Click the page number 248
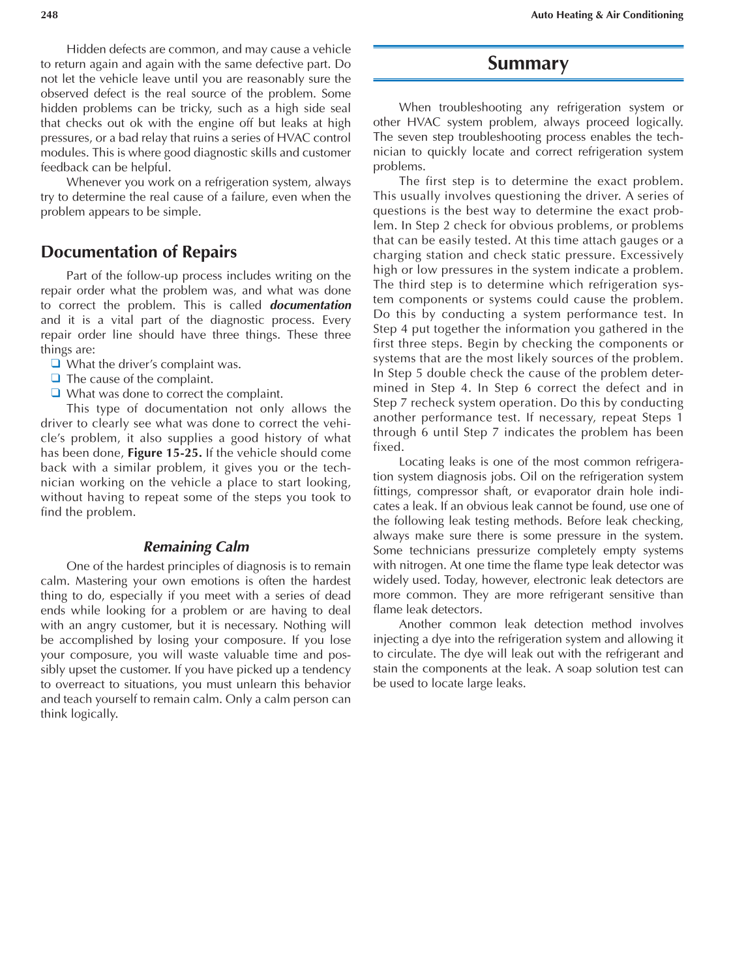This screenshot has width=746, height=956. click(49, 15)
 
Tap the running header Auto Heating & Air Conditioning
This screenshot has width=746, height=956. click(606, 15)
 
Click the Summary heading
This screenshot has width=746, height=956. click(528, 63)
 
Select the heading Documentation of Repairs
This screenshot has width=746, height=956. click(139, 252)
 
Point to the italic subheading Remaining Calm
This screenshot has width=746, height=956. click(196, 547)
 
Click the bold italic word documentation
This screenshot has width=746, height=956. click(310, 305)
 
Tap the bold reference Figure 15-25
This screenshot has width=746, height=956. click(164, 453)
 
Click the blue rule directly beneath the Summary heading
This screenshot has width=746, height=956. click(528, 80)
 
